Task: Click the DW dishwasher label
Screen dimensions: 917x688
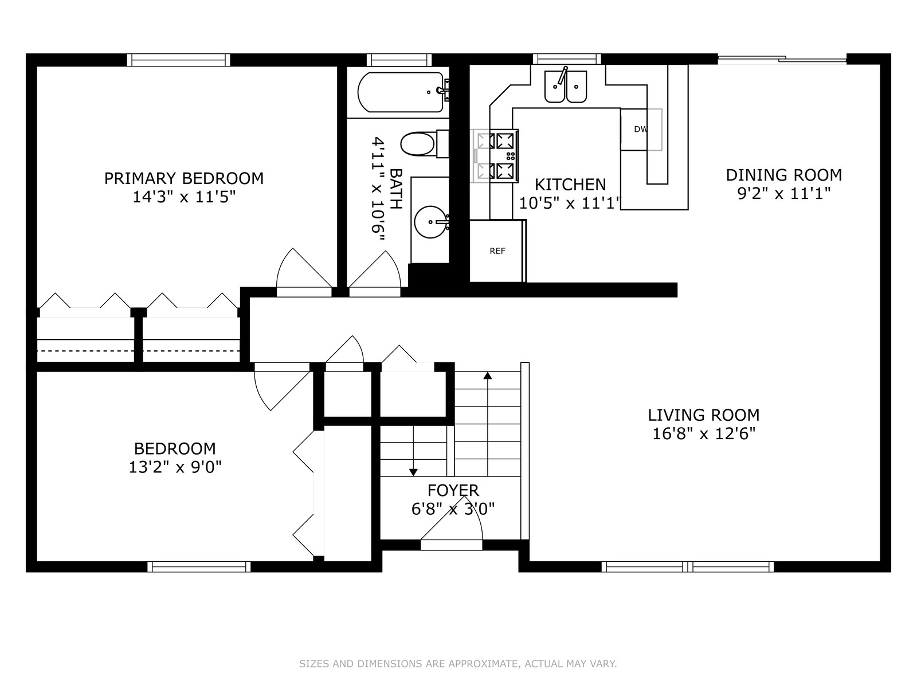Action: pyautogui.click(x=640, y=130)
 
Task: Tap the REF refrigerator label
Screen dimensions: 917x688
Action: pyautogui.click(x=497, y=251)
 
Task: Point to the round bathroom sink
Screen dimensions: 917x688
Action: pyautogui.click(x=430, y=222)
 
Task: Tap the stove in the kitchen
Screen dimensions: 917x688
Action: pyautogui.click(x=496, y=156)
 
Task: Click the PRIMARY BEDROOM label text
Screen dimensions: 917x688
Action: pyautogui.click(x=184, y=178)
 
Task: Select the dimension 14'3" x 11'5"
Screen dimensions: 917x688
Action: pyautogui.click(x=184, y=197)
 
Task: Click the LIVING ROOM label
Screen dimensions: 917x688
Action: pyautogui.click(x=704, y=415)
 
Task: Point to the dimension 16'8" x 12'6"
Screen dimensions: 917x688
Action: pyautogui.click(x=704, y=434)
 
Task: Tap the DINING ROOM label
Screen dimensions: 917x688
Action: pyautogui.click(x=783, y=175)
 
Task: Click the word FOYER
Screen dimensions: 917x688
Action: pyautogui.click(x=453, y=490)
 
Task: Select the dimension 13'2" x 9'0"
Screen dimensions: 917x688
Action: pyautogui.click(x=175, y=467)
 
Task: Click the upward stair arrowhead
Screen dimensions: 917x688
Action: pyautogui.click(x=488, y=375)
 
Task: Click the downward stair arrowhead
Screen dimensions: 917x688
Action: pyautogui.click(x=413, y=472)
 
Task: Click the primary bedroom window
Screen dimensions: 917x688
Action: pyautogui.click(x=178, y=60)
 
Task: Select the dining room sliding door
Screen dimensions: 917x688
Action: pyautogui.click(x=782, y=59)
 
